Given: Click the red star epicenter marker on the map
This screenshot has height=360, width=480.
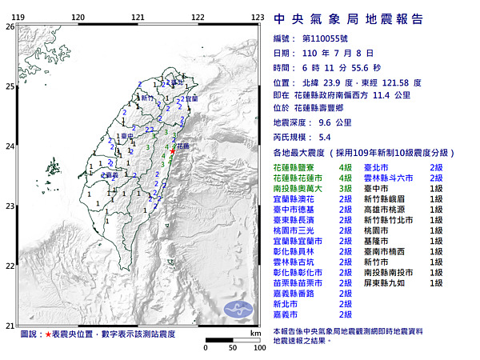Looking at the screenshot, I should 174,150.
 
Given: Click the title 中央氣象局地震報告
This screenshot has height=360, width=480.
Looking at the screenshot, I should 348,19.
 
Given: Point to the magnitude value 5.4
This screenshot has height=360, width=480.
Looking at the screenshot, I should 325,137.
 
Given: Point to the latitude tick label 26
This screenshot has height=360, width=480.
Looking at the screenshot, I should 10,26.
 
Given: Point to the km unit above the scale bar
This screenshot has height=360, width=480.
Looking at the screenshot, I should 255,333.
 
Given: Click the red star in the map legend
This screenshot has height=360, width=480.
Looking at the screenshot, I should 49,333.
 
